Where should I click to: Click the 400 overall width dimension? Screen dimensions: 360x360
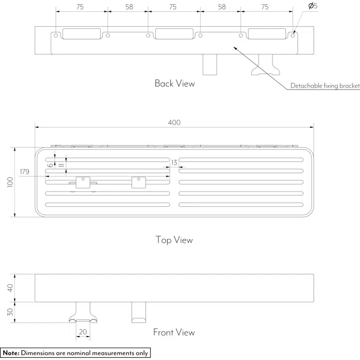click(174, 122)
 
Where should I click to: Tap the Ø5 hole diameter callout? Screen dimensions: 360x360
click(313, 6)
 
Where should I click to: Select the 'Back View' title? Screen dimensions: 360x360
click(175, 83)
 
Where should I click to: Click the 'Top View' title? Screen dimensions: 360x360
click(174, 240)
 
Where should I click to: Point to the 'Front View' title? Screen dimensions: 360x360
click(174, 332)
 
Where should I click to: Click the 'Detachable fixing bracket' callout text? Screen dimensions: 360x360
click(325, 86)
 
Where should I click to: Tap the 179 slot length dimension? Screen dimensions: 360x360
click(25, 172)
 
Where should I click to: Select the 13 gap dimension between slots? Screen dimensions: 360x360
click(174, 163)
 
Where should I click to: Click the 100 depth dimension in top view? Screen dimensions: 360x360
click(10, 182)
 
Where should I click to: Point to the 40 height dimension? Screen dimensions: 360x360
click(10, 288)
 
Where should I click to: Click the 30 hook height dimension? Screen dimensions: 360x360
click(10, 312)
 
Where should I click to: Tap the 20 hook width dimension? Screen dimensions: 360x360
click(83, 332)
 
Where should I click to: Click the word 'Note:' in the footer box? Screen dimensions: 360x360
click(11, 353)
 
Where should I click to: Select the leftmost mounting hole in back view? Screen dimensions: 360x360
click(56, 36)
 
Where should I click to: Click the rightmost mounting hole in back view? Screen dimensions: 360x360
click(293, 36)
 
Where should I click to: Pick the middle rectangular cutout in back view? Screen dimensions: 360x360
click(174, 34)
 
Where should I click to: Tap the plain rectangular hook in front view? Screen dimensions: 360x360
click(139, 312)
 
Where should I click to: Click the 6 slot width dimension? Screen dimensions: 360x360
click(50, 165)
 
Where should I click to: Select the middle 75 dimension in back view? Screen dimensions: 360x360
click(173, 7)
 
